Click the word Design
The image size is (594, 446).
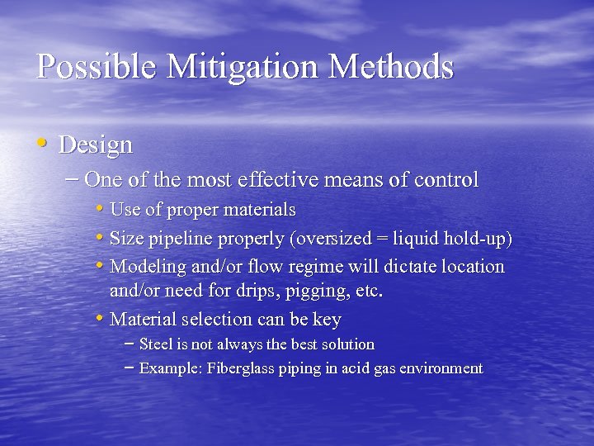[x=96, y=145]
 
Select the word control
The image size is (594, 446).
[x=447, y=179]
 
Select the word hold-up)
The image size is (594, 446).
[x=477, y=240]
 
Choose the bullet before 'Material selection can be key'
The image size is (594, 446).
[x=100, y=319]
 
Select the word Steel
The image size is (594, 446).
[x=156, y=344]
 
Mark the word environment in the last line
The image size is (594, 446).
[x=441, y=368]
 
